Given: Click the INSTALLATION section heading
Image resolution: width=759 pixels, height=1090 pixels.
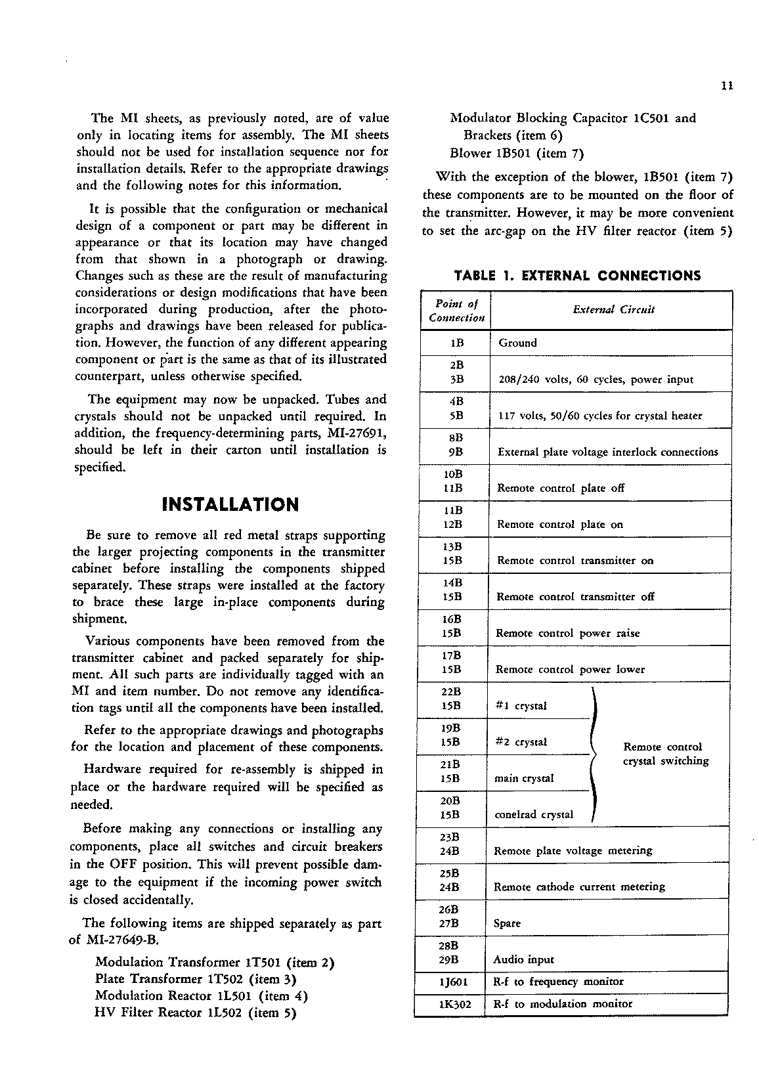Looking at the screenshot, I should [x=230, y=504].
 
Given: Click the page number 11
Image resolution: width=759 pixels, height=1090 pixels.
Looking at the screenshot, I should [x=726, y=85].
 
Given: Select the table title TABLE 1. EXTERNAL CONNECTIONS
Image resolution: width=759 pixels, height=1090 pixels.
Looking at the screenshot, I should [x=577, y=276].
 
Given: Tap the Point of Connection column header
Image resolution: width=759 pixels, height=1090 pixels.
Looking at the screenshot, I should [x=456, y=311].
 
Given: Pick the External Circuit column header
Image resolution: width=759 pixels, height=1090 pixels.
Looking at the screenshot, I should [x=613, y=310].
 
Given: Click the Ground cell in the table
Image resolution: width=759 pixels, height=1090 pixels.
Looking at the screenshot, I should [x=517, y=343].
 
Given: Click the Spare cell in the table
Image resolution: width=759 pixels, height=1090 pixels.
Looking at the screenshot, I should [x=507, y=923].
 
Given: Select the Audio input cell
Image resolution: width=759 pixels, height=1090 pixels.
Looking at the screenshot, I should [x=523, y=959].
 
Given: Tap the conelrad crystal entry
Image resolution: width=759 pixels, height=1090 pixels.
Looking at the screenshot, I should [x=533, y=815].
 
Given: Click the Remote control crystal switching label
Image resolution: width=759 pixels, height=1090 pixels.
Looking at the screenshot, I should [x=665, y=754].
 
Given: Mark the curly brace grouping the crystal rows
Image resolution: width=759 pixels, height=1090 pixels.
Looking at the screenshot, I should [x=594, y=754].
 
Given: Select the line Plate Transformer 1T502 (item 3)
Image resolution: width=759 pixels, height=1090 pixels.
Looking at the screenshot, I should [x=196, y=978].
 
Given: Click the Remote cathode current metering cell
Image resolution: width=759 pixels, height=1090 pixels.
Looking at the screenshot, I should [x=579, y=887].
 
